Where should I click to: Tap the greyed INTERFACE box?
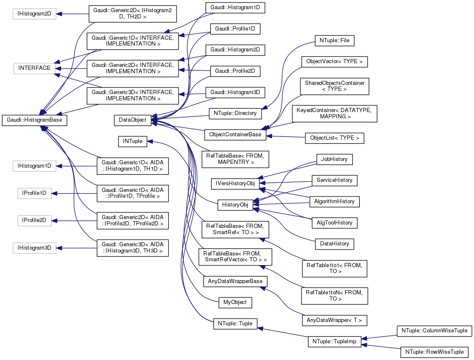point(34,68)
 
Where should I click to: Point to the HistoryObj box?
point(236,205)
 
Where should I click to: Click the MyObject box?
point(235,301)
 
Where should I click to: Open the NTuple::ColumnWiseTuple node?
point(434,330)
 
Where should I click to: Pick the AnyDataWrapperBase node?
point(235,281)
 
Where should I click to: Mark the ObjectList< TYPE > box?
point(334,138)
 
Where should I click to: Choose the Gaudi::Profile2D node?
point(235,71)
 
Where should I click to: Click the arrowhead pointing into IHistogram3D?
point(59,248)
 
